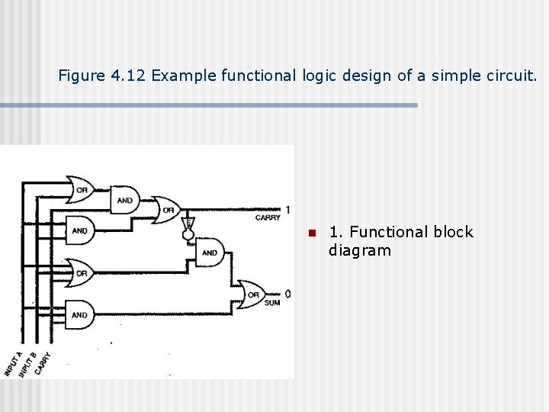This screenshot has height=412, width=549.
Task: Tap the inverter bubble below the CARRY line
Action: (187, 236)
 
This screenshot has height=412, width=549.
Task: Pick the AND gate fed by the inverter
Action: (210, 253)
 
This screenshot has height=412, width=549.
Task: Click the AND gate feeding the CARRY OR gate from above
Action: (124, 200)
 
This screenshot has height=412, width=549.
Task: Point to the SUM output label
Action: (271, 303)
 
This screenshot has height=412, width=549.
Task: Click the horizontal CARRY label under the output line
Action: (268, 218)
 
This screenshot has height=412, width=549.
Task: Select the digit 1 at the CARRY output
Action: (287, 209)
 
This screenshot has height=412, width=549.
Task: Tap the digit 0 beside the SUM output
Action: (287, 294)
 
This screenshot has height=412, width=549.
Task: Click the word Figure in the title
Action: (81, 76)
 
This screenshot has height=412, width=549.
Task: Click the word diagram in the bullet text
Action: (359, 251)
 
